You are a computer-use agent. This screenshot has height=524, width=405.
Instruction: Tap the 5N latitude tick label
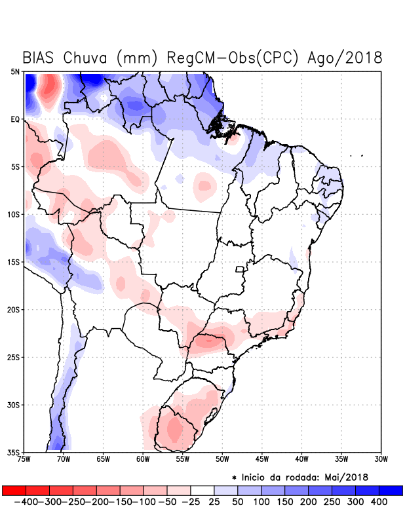click(15, 71)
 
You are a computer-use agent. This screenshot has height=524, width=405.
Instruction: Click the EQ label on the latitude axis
click(15, 119)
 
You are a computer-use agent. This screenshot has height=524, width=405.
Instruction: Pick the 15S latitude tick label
click(14, 262)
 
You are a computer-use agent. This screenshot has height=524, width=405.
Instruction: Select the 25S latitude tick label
click(14, 357)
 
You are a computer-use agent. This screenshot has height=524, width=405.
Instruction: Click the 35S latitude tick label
click(14, 452)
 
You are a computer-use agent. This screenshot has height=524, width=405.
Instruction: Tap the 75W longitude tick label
click(24, 458)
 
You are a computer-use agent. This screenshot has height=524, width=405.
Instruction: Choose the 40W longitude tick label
click(302, 458)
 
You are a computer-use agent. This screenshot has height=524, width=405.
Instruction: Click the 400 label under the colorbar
click(378, 502)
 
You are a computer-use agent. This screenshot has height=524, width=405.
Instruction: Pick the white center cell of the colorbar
click(202, 491)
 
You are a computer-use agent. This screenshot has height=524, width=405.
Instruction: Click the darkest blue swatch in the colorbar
click(391, 491)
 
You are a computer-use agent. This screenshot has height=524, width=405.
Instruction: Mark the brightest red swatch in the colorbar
click(14, 491)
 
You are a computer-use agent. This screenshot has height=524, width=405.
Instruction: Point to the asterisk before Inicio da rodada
click(234, 477)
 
